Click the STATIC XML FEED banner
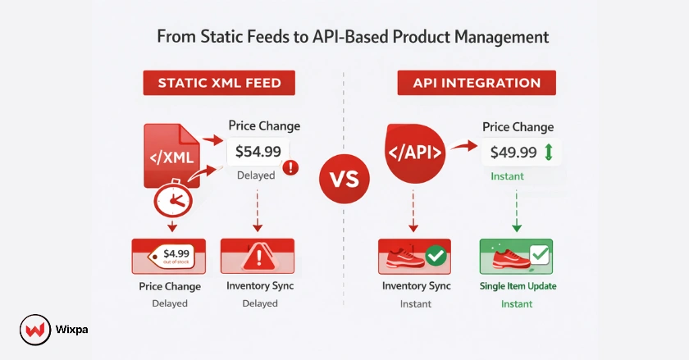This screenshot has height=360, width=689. pos(219,83)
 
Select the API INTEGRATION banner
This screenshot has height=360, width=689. pos(477,83)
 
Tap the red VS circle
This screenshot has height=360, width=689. pos(344,179)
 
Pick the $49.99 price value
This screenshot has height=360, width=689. pos(513,152)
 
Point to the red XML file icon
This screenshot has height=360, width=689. pos(170,155)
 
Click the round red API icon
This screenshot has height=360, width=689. pos(414,153)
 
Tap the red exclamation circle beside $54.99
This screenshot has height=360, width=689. pos(290,168)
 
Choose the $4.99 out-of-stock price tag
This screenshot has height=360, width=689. pos(172,256)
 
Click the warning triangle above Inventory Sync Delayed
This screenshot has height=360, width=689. pos(258,257)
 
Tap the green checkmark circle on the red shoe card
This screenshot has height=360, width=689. pos(436,257)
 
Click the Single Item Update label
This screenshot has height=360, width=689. pos(517,286)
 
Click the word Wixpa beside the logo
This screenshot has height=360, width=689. pos(72,330)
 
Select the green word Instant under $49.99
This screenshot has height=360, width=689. pos(507,176)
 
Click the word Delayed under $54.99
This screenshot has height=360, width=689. pos(257,175)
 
